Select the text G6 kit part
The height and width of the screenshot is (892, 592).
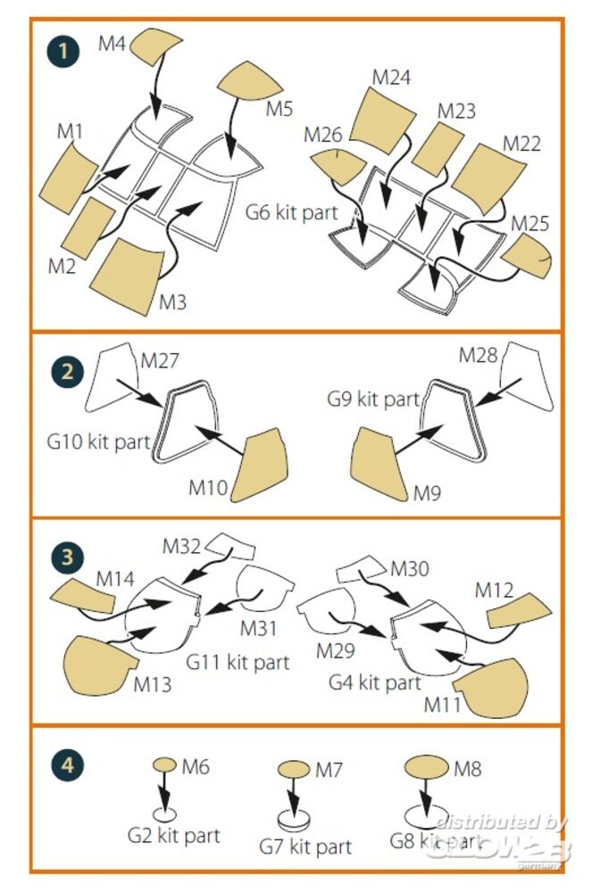(x=291, y=212)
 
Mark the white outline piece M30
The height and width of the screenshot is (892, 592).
(x=363, y=566)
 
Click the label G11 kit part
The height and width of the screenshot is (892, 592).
(x=238, y=662)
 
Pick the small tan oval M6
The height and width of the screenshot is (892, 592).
(x=165, y=764)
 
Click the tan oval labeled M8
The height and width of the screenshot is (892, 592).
(x=427, y=766)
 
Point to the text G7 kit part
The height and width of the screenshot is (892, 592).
(x=305, y=845)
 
